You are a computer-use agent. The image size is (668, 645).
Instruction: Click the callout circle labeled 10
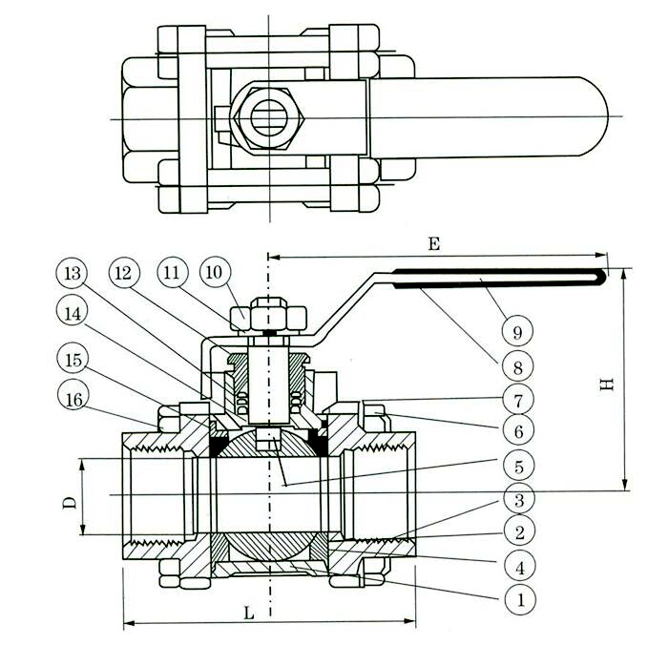coord(214,273)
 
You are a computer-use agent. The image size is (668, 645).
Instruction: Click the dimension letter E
coord(434,244)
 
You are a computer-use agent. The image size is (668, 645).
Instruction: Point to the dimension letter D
coord(69,500)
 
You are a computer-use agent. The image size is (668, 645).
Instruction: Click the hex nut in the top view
coord(270,117)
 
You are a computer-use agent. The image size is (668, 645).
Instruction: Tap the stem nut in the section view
coord(270,313)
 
